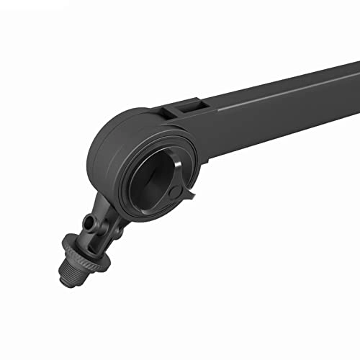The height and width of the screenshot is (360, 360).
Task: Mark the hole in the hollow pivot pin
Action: pos(87,220)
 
